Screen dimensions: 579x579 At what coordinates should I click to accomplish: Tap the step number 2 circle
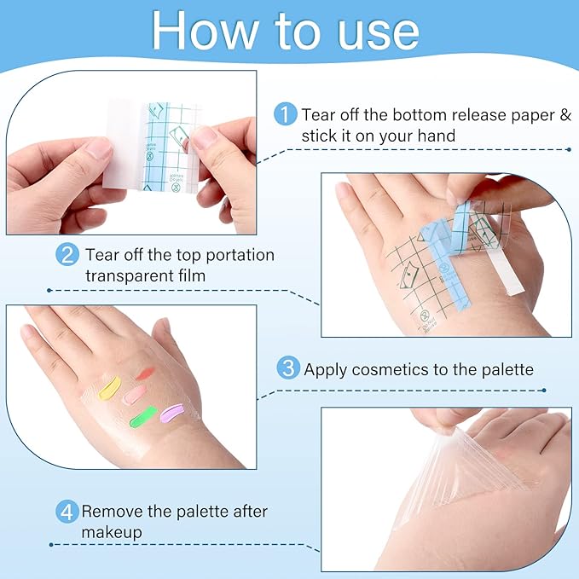coord(68,255)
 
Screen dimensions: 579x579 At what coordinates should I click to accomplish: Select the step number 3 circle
coord(288,368)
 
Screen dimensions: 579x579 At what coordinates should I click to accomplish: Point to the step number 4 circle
coord(67,512)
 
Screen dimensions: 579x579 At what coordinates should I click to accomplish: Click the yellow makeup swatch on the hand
coord(109,390)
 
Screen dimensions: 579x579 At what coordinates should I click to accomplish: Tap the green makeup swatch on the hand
coord(141,418)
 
